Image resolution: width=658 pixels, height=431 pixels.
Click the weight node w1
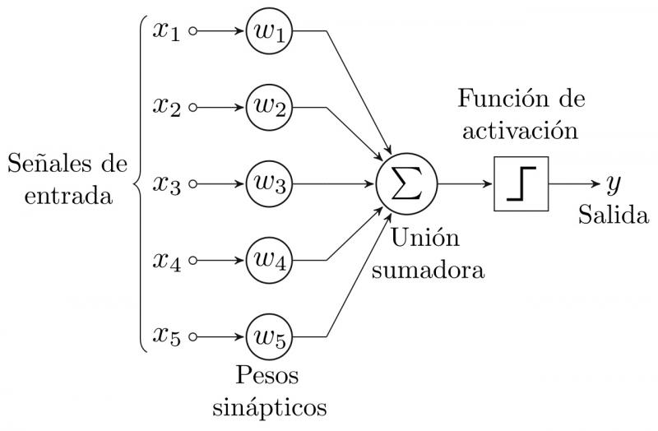(x=271, y=32)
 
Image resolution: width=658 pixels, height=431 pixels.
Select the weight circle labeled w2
(x=271, y=108)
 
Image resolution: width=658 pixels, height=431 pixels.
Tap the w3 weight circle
(x=271, y=184)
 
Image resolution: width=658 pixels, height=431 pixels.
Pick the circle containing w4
(x=271, y=261)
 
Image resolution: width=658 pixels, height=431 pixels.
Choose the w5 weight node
(x=271, y=336)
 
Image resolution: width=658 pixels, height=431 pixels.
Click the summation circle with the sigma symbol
(x=406, y=184)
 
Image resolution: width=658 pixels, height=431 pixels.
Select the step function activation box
(x=521, y=184)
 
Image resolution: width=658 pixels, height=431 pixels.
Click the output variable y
(x=613, y=183)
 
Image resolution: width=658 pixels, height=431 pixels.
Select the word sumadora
(x=426, y=269)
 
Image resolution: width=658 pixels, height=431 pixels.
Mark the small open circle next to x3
(x=194, y=184)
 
